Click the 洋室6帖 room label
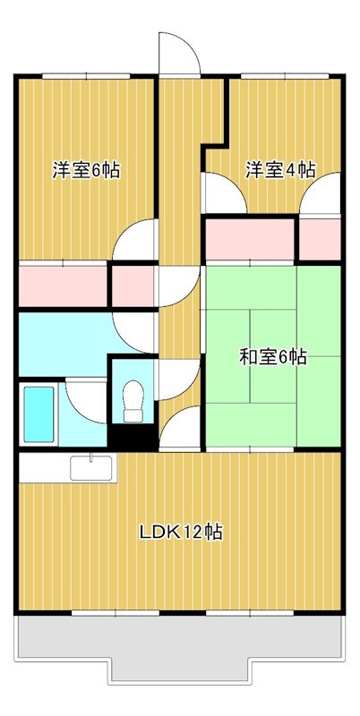pyautogui.click(x=86, y=170)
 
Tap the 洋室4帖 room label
pyautogui.click(x=280, y=170)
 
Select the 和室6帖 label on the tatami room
pyautogui.click(x=272, y=358)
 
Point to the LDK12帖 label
pyautogui.click(x=180, y=533)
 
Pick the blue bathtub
pyautogui.click(x=38, y=415)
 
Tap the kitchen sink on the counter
pyautogui.click(x=92, y=467)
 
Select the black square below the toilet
pyautogui.click(x=133, y=438)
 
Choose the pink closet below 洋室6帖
pyautogui.click(x=63, y=285)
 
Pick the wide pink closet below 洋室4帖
pyautogui.click(x=250, y=238)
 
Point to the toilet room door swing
pyautogui.click(x=172, y=379)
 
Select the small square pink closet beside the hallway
pyautogui.click(x=133, y=285)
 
